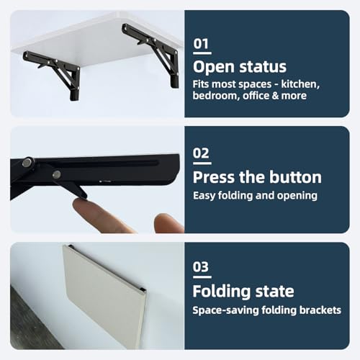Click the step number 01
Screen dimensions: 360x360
201,44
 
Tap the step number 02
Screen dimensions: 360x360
201,153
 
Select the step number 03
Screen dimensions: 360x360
201,267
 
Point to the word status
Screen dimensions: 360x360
263,66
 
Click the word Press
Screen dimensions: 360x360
214,177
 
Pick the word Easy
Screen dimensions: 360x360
204,196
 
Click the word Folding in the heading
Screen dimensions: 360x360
222,292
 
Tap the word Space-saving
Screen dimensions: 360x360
225,310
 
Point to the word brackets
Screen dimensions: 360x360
320,310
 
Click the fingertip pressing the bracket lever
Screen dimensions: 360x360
81,204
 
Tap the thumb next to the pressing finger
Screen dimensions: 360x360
168,223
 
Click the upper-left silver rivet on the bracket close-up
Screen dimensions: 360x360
28,163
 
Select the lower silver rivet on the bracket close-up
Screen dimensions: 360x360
57,174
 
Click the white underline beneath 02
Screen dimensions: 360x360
202,163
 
